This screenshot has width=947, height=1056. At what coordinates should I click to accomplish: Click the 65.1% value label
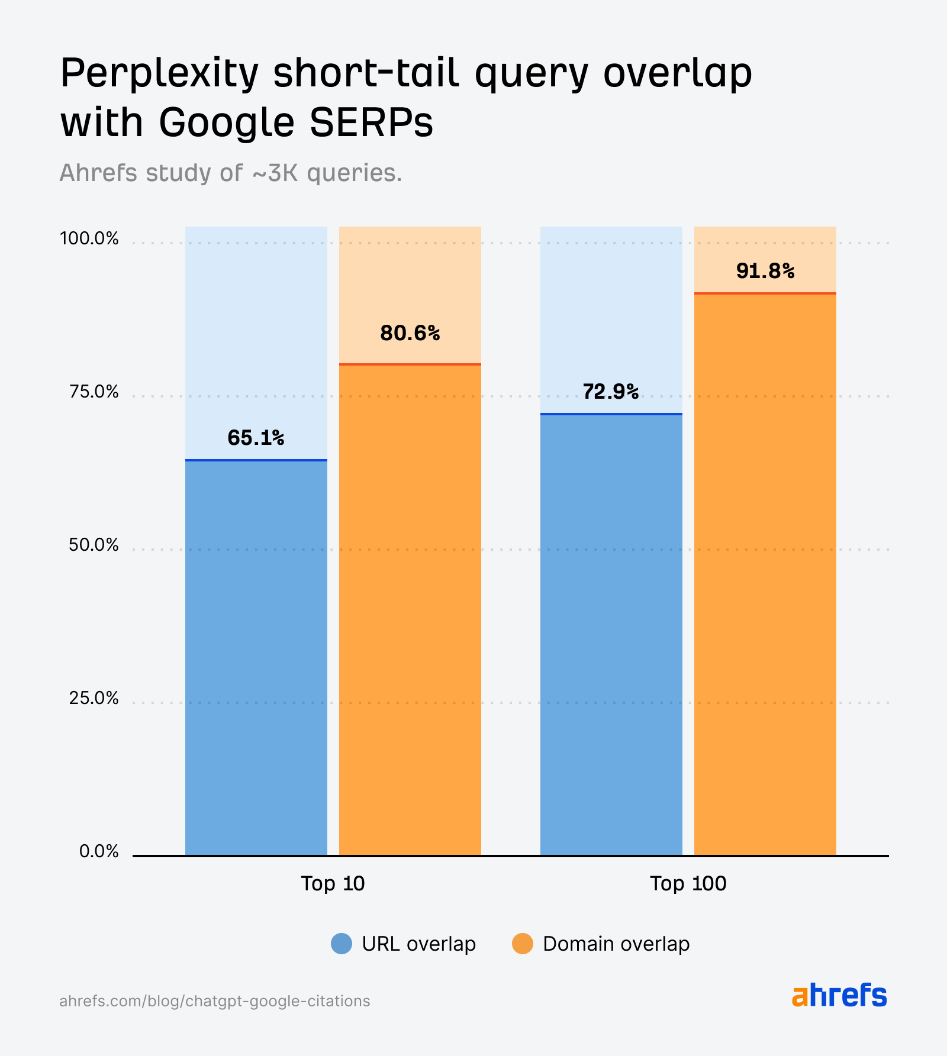coord(256,438)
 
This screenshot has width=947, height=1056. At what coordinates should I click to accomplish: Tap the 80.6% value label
coord(410,334)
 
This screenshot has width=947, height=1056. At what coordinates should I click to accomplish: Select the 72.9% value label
coord(610,392)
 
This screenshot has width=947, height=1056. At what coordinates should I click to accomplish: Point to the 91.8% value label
coord(765,271)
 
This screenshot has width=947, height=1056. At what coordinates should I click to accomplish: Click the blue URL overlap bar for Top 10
coord(256,657)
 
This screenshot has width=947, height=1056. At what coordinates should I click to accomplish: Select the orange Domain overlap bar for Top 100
coord(765,574)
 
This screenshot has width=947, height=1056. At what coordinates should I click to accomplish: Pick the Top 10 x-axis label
coord(333,883)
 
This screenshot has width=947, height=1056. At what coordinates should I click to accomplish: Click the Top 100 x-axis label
coord(688,883)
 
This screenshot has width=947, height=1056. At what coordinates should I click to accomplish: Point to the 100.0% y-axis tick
coord(89,239)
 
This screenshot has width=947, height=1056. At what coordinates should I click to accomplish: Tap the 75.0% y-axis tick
coord(94,392)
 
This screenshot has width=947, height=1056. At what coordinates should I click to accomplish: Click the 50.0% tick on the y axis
coord(94,545)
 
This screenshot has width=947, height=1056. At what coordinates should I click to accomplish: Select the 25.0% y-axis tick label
coord(94,698)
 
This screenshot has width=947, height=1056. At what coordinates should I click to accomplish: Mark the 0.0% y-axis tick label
coord(99,851)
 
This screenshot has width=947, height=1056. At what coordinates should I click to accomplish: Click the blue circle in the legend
coord(342,944)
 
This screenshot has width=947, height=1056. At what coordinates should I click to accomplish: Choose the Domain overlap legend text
coord(616,944)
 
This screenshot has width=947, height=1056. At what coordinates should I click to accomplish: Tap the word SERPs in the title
coord(372,123)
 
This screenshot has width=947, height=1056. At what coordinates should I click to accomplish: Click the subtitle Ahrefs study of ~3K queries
coord(231,173)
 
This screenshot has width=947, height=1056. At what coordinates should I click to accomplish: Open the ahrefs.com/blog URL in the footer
coord(214,1001)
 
